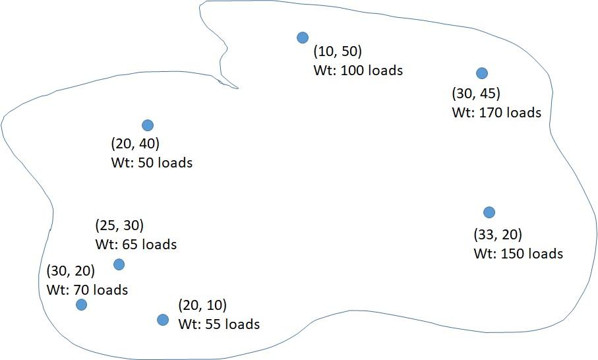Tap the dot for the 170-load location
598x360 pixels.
pyautogui.click(x=482, y=73)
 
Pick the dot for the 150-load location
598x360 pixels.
pyautogui.click(x=489, y=212)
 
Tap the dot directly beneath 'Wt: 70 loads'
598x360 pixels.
pyautogui.click(x=81, y=305)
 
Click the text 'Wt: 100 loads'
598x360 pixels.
pyautogui.click(x=358, y=70)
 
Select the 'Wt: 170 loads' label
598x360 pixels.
pyautogui.click(x=496, y=113)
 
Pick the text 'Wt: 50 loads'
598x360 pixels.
pyautogui.click(x=152, y=162)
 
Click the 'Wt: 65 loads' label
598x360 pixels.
pyautogui.click(x=136, y=245)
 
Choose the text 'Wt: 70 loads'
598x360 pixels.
pyautogui.click(x=88, y=289)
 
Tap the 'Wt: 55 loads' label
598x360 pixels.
pyautogui.click(x=219, y=324)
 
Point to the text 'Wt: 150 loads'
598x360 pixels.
pyautogui.click(x=518, y=254)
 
